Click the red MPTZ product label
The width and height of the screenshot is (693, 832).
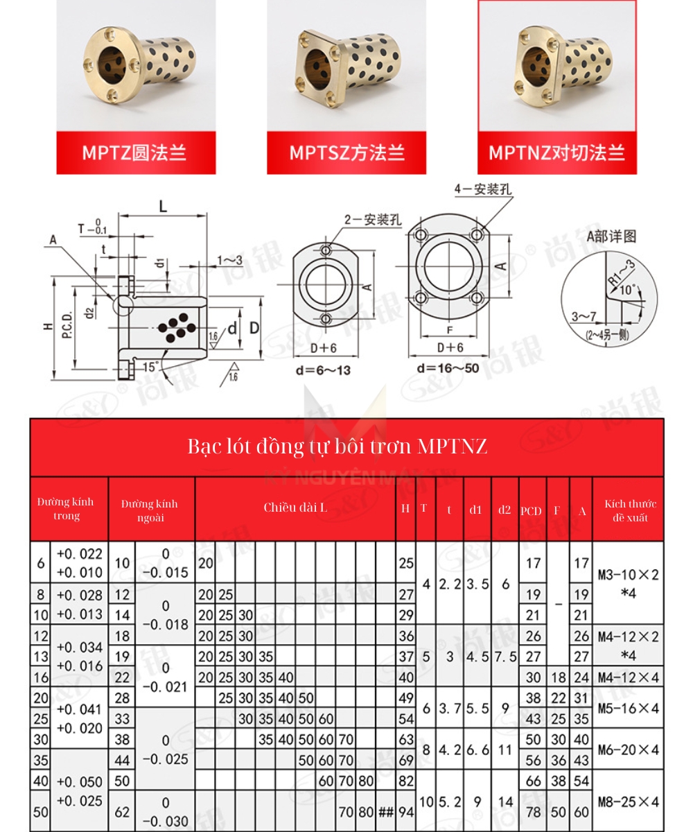[x=136, y=152]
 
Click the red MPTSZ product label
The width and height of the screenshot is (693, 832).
[x=346, y=152]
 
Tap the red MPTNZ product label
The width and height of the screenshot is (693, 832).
[x=556, y=152]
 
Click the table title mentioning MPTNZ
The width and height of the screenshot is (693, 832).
[x=337, y=447]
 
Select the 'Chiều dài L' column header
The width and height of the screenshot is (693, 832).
[x=295, y=508]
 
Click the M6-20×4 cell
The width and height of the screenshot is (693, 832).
[x=629, y=749]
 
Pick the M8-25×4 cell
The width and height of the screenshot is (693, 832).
[x=629, y=802]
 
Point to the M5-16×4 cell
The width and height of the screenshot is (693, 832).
[x=629, y=708]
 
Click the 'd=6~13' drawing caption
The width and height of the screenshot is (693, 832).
[x=323, y=370]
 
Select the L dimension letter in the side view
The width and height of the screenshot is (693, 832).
[x=164, y=206]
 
